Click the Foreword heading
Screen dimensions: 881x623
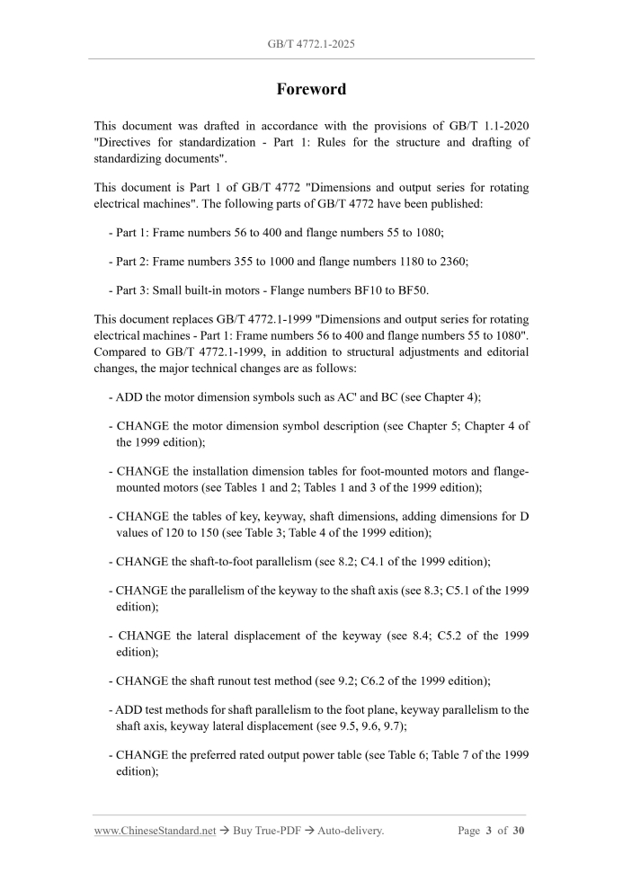(310, 89)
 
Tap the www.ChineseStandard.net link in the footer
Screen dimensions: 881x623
(155, 831)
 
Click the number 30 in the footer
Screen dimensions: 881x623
(518, 831)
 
